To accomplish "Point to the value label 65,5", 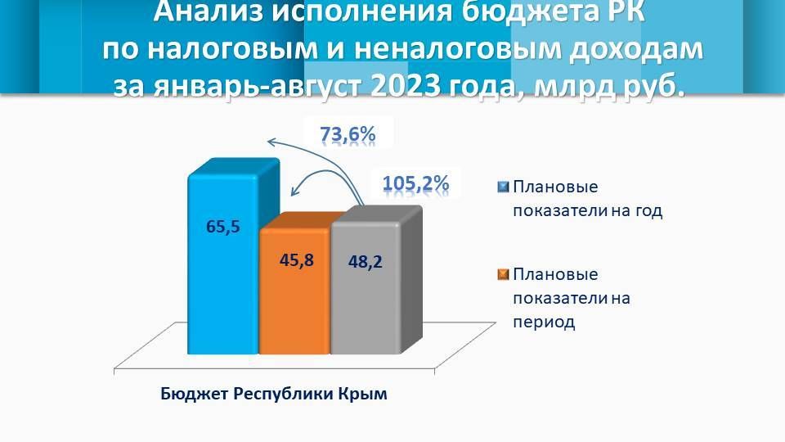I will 222,228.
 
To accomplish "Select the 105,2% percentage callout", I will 415,183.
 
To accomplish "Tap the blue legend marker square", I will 503,186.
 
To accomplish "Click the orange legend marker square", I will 503,273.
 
